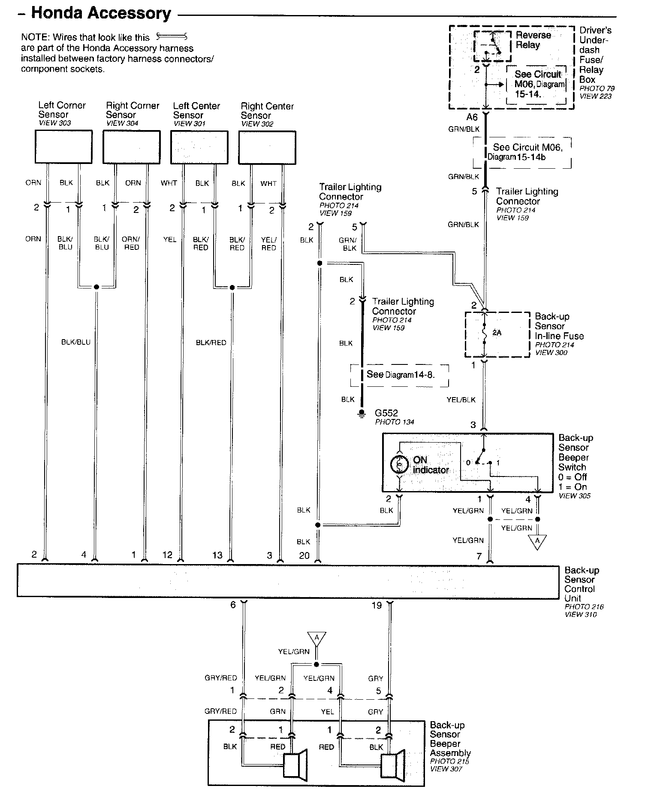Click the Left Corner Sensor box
[x=63, y=147]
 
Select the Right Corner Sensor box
[x=132, y=147]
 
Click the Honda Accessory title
[x=101, y=14]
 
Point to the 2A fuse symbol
[x=485, y=334]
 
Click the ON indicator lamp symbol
[x=399, y=464]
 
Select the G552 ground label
[x=386, y=413]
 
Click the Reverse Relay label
[x=533, y=40]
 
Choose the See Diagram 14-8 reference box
[x=400, y=375]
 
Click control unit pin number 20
[x=304, y=555]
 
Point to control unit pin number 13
[x=217, y=555]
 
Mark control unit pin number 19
[x=377, y=605]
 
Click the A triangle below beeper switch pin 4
[x=537, y=542]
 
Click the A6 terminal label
[x=472, y=117]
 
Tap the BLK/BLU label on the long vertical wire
[x=76, y=342]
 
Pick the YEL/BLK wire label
[x=461, y=400]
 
